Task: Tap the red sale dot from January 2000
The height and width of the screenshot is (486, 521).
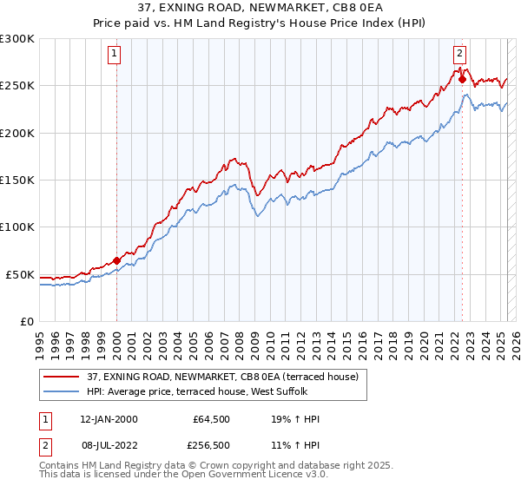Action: point(116,260)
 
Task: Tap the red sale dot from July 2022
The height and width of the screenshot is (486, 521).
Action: point(462,79)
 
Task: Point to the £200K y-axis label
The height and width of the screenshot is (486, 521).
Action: point(17,134)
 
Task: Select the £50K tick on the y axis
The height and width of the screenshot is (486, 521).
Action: point(20,274)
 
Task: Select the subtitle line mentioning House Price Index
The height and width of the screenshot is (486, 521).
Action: point(260,23)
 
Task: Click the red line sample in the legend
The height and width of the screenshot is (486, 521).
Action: point(63,377)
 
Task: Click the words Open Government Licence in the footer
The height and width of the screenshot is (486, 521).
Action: point(229,477)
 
